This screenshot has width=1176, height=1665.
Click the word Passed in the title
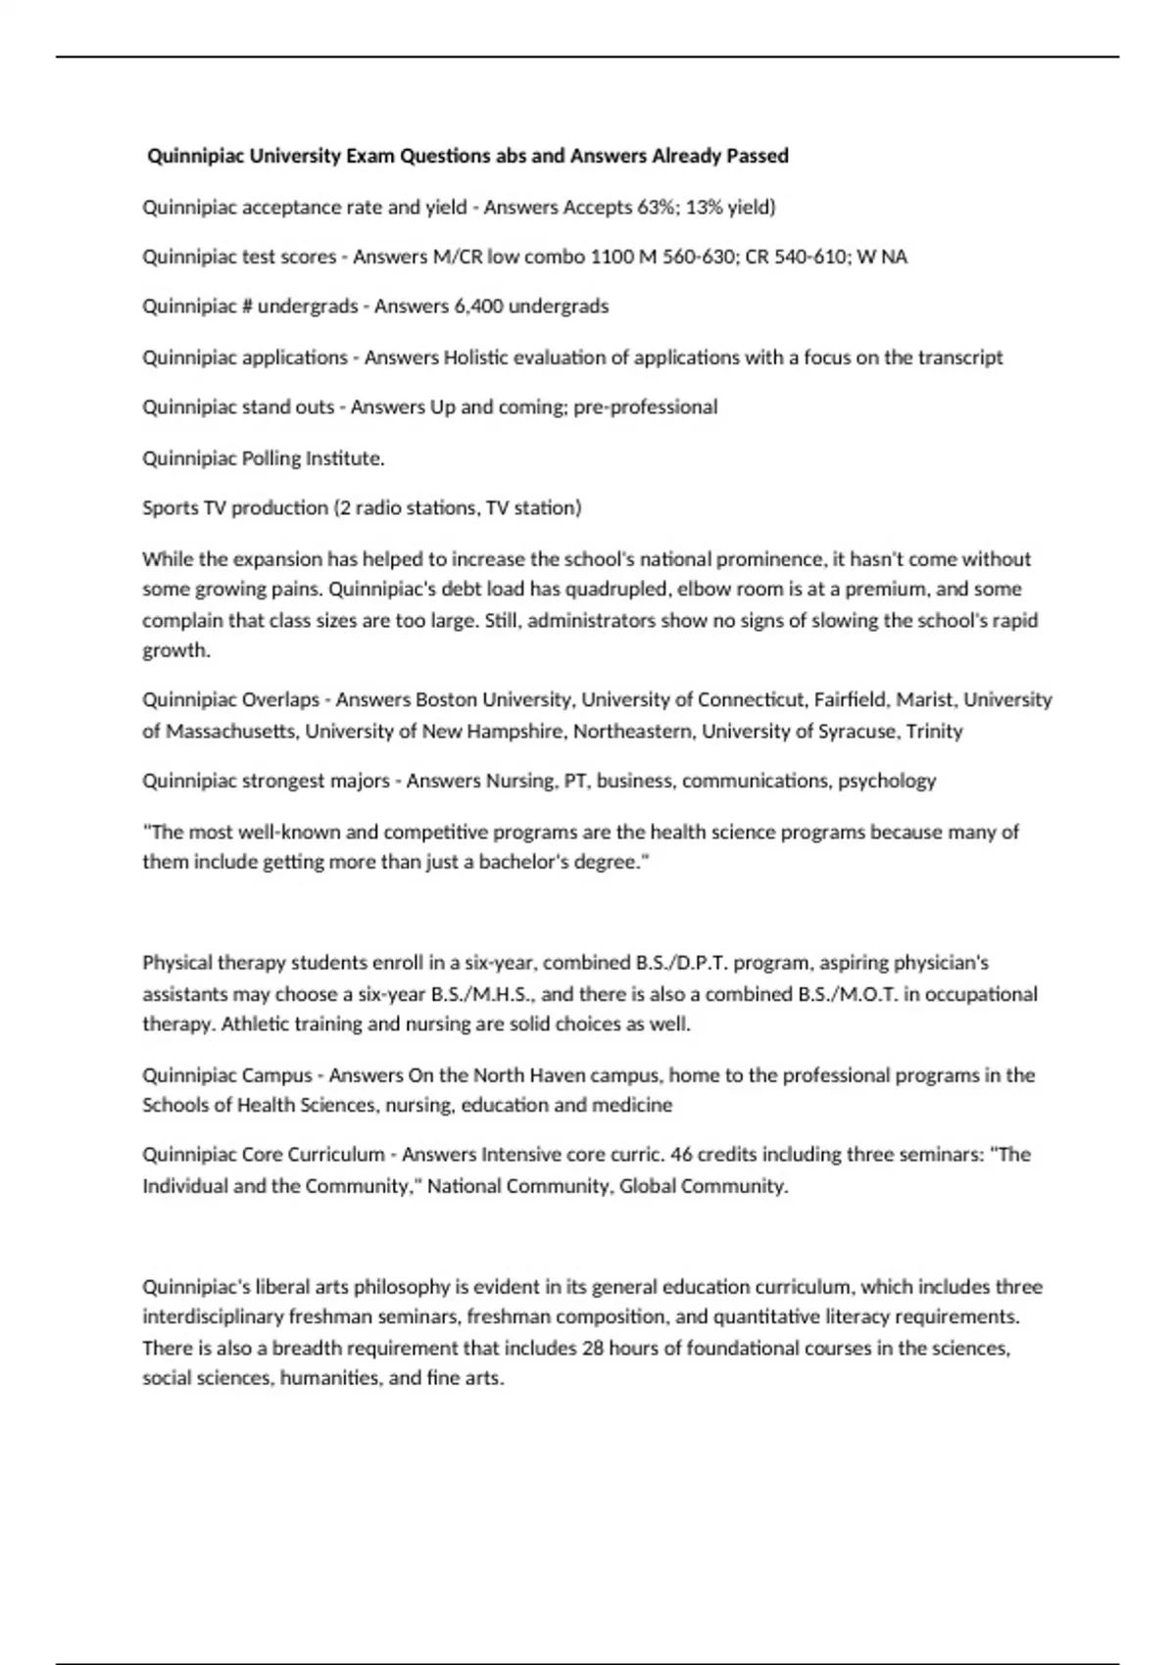tap(758, 156)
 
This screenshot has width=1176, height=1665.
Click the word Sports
tap(170, 507)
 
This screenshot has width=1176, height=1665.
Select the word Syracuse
tap(858, 732)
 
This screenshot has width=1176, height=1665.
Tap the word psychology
tap(887, 781)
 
